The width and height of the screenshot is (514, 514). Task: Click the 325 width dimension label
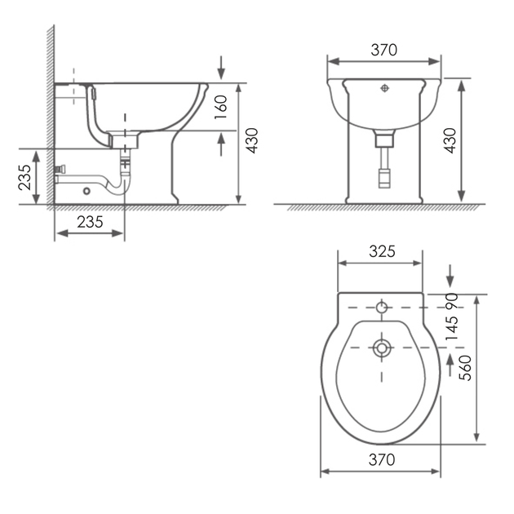(x=382, y=251)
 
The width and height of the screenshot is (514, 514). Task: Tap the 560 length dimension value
(x=465, y=368)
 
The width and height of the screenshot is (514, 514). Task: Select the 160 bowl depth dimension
(x=220, y=107)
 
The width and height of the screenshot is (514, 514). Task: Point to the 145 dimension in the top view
(x=452, y=328)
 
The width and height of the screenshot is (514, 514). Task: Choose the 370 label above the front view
(x=383, y=50)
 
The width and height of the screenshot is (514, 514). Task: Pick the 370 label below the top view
(x=382, y=459)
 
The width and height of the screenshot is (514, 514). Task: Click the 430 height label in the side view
(x=252, y=140)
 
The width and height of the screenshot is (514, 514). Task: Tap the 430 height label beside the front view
(x=450, y=140)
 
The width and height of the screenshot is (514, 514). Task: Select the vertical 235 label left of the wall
(x=24, y=177)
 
